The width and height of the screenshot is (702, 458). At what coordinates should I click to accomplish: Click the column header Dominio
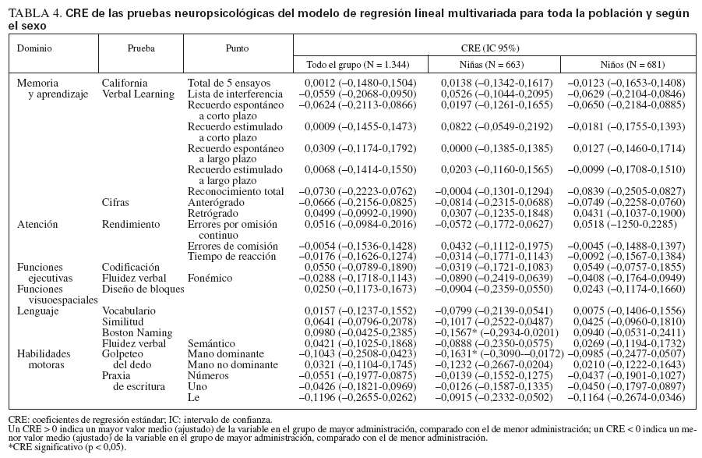click(x=34, y=48)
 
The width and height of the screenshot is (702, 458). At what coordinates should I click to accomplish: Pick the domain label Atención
click(x=37, y=224)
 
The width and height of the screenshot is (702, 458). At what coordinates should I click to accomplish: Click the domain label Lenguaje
click(x=37, y=311)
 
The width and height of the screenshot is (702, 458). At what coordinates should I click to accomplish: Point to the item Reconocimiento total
click(x=235, y=191)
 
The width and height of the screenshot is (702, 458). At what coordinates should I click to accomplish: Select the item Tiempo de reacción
click(x=232, y=257)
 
